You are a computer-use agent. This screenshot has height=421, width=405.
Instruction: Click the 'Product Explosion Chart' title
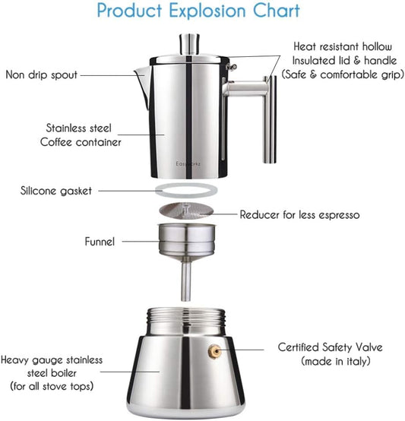point(198,11)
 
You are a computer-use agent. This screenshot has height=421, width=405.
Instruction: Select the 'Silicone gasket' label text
point(55,191)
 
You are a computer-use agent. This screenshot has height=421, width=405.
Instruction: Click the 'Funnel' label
point(100,242)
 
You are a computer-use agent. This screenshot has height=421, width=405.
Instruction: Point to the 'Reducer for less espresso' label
point(299,215)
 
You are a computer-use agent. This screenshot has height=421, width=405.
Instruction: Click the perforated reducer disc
point(189,213)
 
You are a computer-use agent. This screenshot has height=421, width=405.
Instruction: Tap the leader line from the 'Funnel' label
point(140,242)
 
